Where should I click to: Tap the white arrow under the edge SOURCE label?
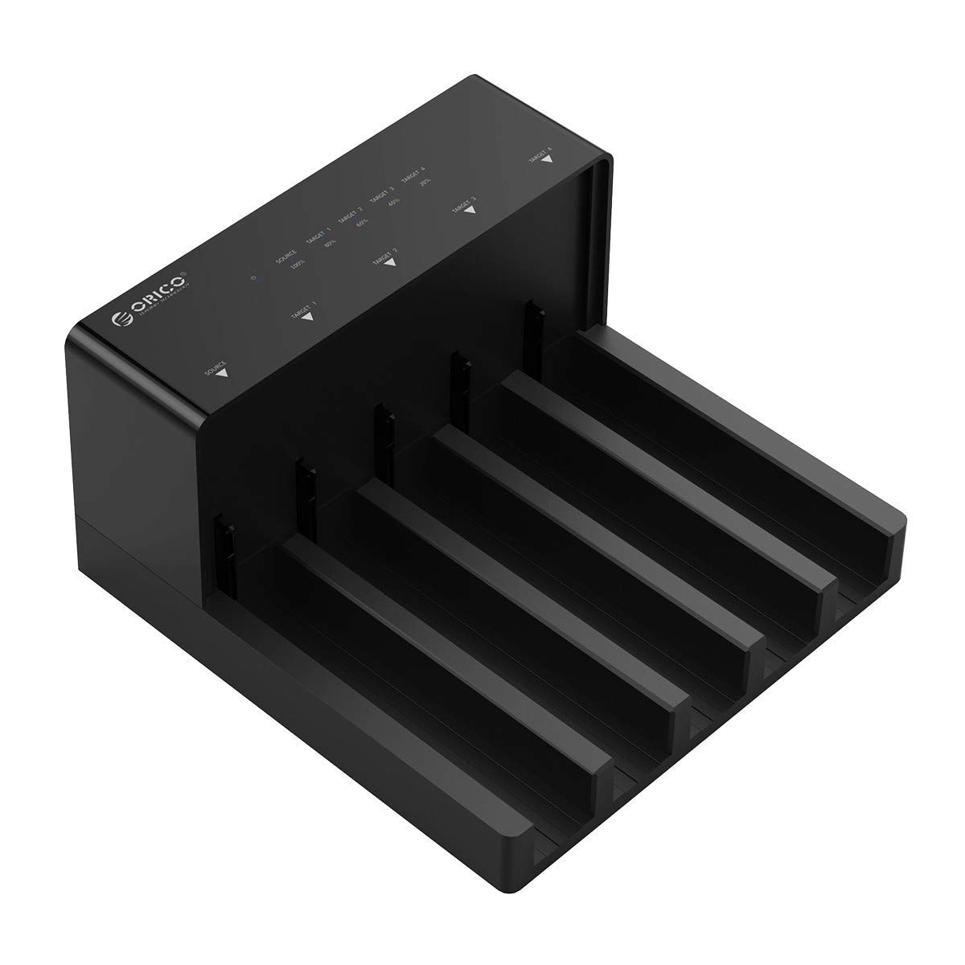(224, 372)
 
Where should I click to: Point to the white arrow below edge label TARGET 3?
(471, 211)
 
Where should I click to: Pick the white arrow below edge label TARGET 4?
(547, 159)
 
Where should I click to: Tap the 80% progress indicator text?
(330, 244)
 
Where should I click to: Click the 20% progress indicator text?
(425, 183)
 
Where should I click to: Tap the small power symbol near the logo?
(255, 279)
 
